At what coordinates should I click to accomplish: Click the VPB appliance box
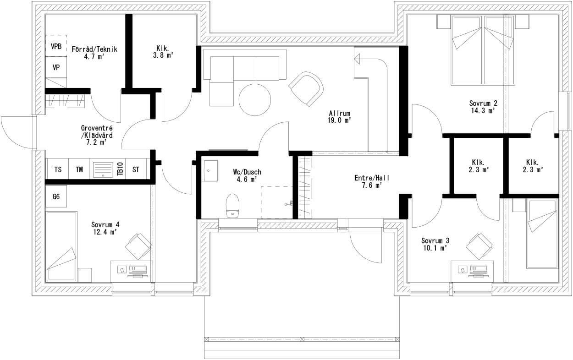[56, 46]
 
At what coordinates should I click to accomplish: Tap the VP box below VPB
[56, 67]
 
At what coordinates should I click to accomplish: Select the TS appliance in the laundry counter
[58, 169]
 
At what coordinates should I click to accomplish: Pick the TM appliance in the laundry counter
[79, 169]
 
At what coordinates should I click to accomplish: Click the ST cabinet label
[136, 169]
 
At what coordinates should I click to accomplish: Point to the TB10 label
[121, 169]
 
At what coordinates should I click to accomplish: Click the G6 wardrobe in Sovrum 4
[56, 196]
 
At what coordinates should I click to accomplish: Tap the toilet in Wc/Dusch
[232, 206]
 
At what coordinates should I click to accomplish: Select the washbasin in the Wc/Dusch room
[209, 171]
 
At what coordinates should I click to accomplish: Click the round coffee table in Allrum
[255, 100]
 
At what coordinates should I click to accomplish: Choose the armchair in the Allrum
[306, 89]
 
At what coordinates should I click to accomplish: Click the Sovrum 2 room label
[483, 103]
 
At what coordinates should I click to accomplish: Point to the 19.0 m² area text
[339, 120]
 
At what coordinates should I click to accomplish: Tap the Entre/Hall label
[372, 178]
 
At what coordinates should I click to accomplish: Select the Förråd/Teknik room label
[94, 49]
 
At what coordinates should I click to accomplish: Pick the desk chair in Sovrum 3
[479, 246]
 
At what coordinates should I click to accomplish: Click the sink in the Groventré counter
[103, 169]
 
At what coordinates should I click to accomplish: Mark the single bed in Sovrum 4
[61, 246]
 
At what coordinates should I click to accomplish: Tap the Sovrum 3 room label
[435, 240]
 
